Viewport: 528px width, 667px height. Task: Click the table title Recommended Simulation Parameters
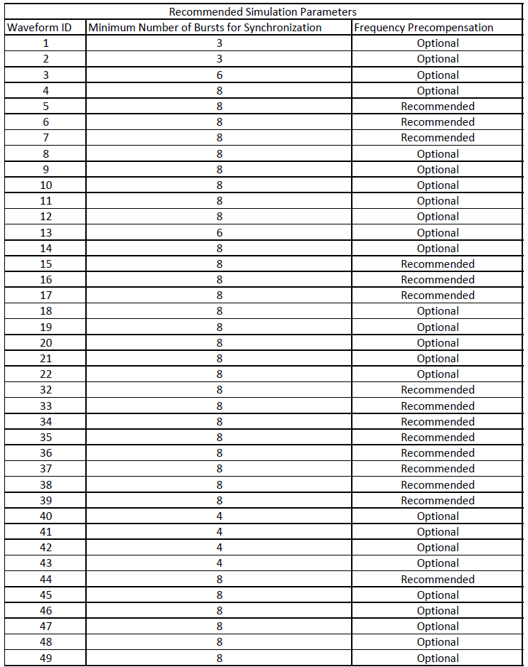263,11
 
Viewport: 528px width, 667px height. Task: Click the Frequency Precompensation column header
424,27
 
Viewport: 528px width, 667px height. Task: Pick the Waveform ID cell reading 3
45,75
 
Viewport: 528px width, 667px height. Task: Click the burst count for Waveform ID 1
219,43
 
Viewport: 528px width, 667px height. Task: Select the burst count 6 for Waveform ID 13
219,232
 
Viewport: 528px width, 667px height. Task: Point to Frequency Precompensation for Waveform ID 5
438,106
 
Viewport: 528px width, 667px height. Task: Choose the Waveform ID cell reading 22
45,374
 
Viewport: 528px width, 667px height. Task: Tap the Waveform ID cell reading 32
45,389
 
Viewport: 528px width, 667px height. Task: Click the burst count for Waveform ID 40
219,516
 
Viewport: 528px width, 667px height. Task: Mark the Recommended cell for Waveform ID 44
438,579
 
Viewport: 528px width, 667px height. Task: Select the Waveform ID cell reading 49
45,658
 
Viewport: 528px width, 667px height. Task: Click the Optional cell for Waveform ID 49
438,658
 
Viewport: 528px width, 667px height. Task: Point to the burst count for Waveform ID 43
219,563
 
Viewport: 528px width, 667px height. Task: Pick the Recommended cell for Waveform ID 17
438,295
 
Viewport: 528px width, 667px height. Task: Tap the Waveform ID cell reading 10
45,185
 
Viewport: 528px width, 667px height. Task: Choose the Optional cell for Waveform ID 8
438,153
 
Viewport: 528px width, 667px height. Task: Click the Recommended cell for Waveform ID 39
438,500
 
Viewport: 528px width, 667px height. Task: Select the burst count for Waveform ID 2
219,58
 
